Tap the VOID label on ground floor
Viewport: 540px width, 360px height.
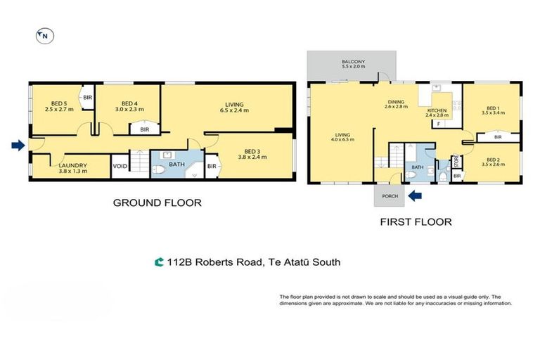click(x=120, y=167)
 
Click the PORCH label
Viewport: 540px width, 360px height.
click(x=388, y=196)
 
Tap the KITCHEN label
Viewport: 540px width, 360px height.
click(x=437, y=110)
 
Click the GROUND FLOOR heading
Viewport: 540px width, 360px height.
click(x=157, y=203)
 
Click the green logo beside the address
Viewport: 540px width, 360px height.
click(x=160, y=262)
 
